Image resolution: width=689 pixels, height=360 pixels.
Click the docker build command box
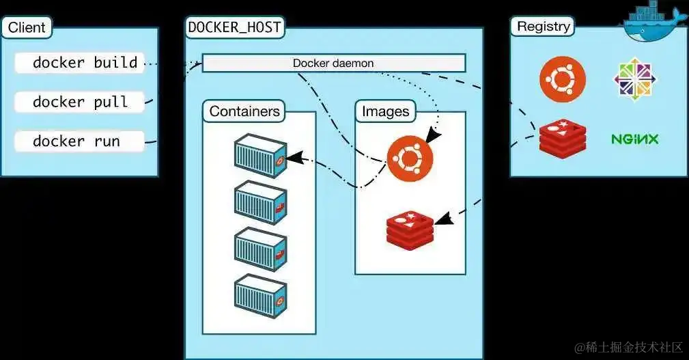pyautogui.click(x=79, y=63)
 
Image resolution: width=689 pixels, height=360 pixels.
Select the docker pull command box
pyautogui.click(x=79, y=102)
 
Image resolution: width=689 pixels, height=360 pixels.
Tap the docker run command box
pyautogui.click(x=79, y=141)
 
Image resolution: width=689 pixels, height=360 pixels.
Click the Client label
pyautogui.click(x=27, y=28)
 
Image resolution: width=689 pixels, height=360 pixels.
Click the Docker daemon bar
pyautogui.click(x=333, y=64)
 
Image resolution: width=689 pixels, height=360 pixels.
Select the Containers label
pyautogui.click(x=244, y=111)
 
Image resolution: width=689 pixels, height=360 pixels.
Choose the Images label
pyautogui.click(x=385, y=111)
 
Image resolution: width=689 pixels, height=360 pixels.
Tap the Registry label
pyautogui.click(x=543, y=27)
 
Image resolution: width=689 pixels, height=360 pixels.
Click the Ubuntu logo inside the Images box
pyautogui.click(x=410, y=158)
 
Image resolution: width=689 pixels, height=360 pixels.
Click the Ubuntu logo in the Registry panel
pyautogui.click(x=563, y=79)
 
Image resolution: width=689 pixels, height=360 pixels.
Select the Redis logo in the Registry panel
pyautogui.click(x=563, y=138)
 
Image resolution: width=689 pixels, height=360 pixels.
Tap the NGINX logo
pyautogui.click(x=634, y=139)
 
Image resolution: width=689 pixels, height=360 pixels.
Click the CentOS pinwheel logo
pyautogui.click(x=634, y=79)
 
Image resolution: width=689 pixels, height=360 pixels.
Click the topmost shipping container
pyautogui.click(x=259, y=155)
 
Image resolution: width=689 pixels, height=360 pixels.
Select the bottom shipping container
pyautogui.click(x=259, y=294)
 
